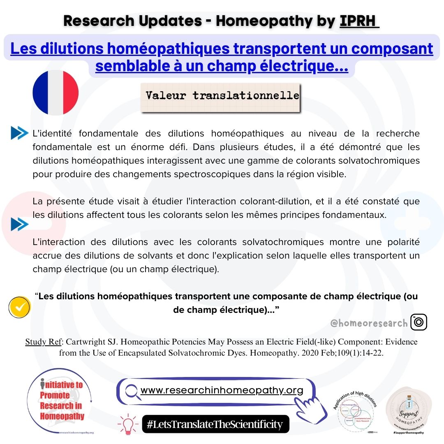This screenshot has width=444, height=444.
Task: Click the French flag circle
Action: tap(55, 92)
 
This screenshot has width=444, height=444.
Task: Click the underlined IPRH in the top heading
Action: tap(359, 21)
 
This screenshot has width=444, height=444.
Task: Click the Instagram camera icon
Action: tap(419, 322)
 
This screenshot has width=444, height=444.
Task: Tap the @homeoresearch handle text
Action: tap(369, 323)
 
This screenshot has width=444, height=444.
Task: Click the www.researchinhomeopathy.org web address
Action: tap(222, 390)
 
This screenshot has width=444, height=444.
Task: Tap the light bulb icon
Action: tap(127, 424)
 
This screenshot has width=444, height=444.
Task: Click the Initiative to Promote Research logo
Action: tap(61, 401)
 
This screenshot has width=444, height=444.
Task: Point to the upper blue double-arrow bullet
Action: tap(19, 133)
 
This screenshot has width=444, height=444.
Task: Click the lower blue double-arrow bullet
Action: tap(19, 224)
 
